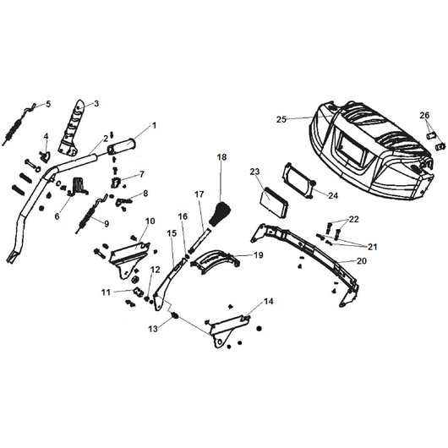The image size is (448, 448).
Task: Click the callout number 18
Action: click(221, 157)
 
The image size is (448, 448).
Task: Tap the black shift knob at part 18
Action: click(220, 213)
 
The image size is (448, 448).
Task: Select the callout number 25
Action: click(281, 119)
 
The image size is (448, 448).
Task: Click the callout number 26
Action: click(424, 116)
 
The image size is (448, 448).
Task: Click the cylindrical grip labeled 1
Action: click(122, 145)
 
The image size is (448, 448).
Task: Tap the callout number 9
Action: click(107, 223)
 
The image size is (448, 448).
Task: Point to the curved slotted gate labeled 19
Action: click(215, 261)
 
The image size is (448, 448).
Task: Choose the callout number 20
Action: click(361, 261)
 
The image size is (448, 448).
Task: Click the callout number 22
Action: click(353, 220)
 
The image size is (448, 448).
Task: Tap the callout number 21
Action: click(372, 246)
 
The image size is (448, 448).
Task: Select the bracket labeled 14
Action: click(227, 331)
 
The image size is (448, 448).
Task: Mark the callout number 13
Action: click(153, 329)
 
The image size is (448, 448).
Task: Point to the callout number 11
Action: click(106, 292)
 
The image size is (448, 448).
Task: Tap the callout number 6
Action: click(57, 216)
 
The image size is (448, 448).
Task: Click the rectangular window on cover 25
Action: click(351, 152)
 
